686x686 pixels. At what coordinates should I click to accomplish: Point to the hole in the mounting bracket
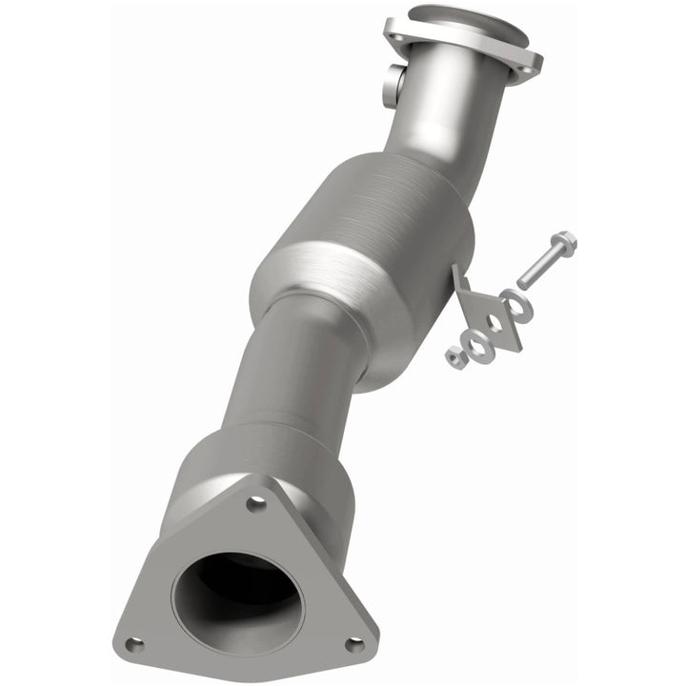coord(494,321)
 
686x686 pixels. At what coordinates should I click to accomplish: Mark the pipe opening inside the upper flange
coord(467,24)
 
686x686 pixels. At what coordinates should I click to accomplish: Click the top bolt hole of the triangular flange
coord(256,503)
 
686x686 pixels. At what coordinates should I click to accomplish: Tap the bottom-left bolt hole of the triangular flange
coord(133,645)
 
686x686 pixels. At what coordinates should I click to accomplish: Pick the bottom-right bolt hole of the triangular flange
coord(353,644)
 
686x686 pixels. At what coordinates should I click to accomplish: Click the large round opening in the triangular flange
coord(238,596)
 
